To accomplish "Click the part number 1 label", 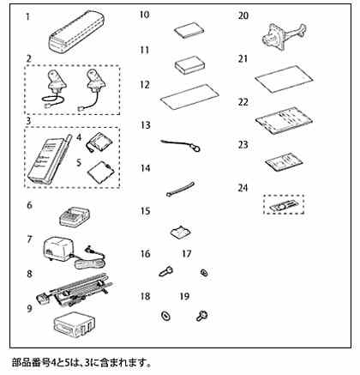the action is coord(27,17).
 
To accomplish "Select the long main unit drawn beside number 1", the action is coord(76,31).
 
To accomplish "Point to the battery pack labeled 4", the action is coord(99,142).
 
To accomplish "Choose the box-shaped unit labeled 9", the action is coord(74,323).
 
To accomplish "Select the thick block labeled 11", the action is coord(189,64).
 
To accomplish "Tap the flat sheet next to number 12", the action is coord(189,97).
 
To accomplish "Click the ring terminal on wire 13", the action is coord(196,148).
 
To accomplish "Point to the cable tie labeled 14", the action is coord(181,190).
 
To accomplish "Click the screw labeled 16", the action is coord(165,270).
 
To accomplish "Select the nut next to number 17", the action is coord(204,273).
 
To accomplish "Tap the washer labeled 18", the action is coord(165,316).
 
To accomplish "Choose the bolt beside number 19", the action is coord(202,316).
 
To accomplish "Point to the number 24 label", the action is coord(243,188).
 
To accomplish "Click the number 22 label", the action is coord(243,102).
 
